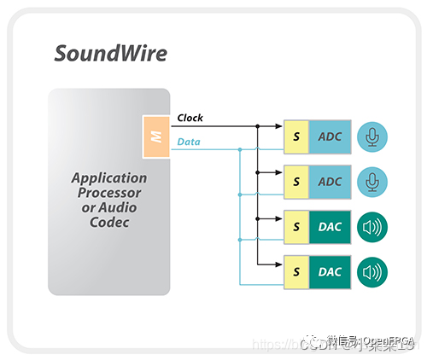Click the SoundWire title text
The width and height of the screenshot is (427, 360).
(x=110, y=53)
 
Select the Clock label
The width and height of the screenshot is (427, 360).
(x=190, y=118)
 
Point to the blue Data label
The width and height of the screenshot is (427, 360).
(x=189, y=142)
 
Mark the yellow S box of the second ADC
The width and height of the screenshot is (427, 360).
(x=295, y=182)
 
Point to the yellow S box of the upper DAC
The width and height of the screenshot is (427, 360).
(x=295, y=226)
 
